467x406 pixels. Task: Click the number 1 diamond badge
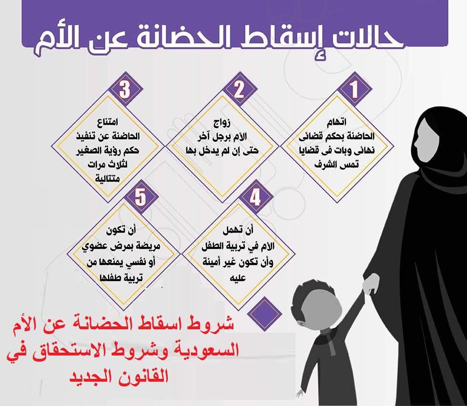coord(354,89)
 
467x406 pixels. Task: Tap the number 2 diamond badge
coord(239,89)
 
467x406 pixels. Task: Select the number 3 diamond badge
coord(125,89)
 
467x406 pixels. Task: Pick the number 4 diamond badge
coord(255,197)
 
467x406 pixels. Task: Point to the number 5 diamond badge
coord(141,197)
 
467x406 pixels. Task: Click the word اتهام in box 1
coord(336,122)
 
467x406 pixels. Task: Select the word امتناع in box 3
coord(108,122)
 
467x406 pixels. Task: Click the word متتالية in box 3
coord(108,178)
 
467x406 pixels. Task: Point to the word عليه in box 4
coord(238,278)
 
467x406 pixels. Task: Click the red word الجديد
coord(93,376)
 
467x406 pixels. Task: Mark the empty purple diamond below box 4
coord(264,314)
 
